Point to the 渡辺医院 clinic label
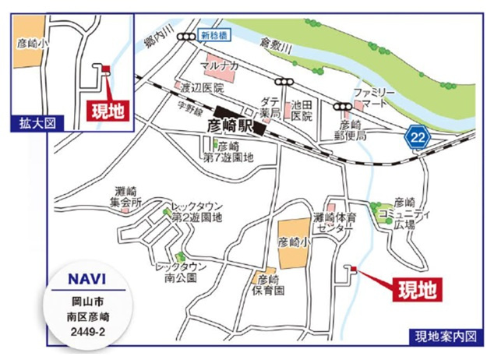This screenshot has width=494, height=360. (201, 87)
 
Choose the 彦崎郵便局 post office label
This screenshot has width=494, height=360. (351, 129)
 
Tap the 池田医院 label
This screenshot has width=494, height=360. (301, 110)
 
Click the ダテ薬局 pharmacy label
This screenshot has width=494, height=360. (270, 108)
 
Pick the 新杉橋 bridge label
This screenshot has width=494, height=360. (213, 36)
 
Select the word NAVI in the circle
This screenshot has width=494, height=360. (81, 277)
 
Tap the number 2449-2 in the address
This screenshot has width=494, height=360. (81, 329)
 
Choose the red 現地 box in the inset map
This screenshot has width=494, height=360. (106, 110)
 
